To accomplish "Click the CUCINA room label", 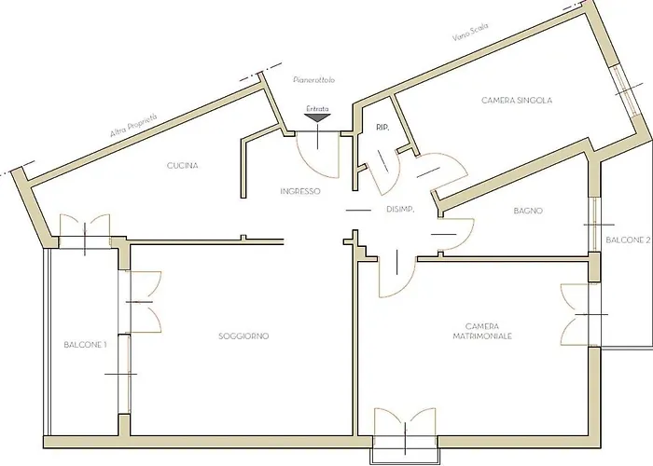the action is pyautogui.click(x=183, y=166).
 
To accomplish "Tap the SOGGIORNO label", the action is pyautogui.click(x=243, y=336).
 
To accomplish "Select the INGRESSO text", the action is pyautogui.click(x=300, y=191).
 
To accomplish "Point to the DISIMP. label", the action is pyautogui.click(x=400, y=210).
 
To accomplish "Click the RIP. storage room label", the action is pyautogui.click(x=382, y=128).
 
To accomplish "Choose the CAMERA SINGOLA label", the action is pyautogui.click(x=517, y=101).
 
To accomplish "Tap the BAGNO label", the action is pyautogui.click(x=528, y=211).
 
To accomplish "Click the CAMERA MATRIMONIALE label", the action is pyautogui.click(x=482, y=331).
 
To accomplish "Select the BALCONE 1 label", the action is pyautogui.click(x=86, y=345).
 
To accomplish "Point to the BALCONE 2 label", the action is pyautogui.click(x=628, y=240).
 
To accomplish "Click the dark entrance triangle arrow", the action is pyautogui.click(x=318, y=117).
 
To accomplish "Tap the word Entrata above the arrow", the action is pyautogui.click(x=318, y=109).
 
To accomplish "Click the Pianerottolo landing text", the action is pyautogui.click(x=314, y=79).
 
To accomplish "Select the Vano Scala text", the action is pyautogui.click(x=470, y=32).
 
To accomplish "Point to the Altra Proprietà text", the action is pyautogui.click(x=133, y=125).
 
